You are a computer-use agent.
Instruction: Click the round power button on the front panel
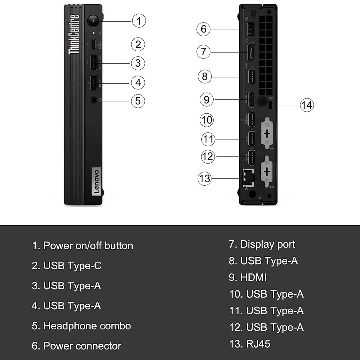point(94,21)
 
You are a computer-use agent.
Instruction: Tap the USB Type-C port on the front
point(94,44)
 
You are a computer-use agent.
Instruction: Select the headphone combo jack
point(94,100)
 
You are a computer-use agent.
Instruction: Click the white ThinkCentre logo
point(74,34)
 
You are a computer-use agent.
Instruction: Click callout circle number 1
point(139,21)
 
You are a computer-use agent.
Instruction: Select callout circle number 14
point(307,105)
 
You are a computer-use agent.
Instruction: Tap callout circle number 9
point(206,99)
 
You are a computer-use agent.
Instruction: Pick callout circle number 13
point(205,178)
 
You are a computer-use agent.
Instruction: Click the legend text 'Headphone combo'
point(87,326)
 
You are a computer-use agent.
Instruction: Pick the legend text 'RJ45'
point(258,344)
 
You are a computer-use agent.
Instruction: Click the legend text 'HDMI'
point(253,277)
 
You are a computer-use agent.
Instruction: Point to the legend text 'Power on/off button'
point(88,246)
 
